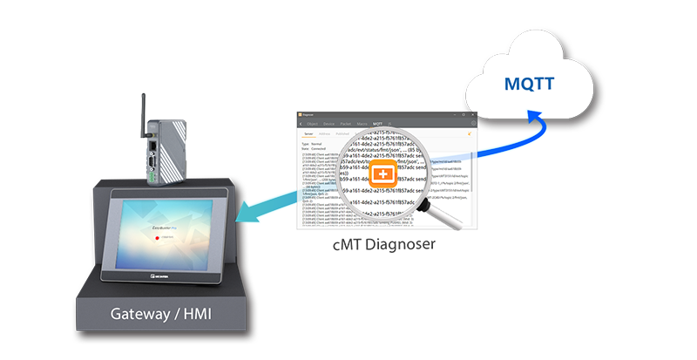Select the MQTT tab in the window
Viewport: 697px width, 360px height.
click(377, 125)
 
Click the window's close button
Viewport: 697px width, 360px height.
click(472, 114)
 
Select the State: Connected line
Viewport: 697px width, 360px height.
click(315, 149)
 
